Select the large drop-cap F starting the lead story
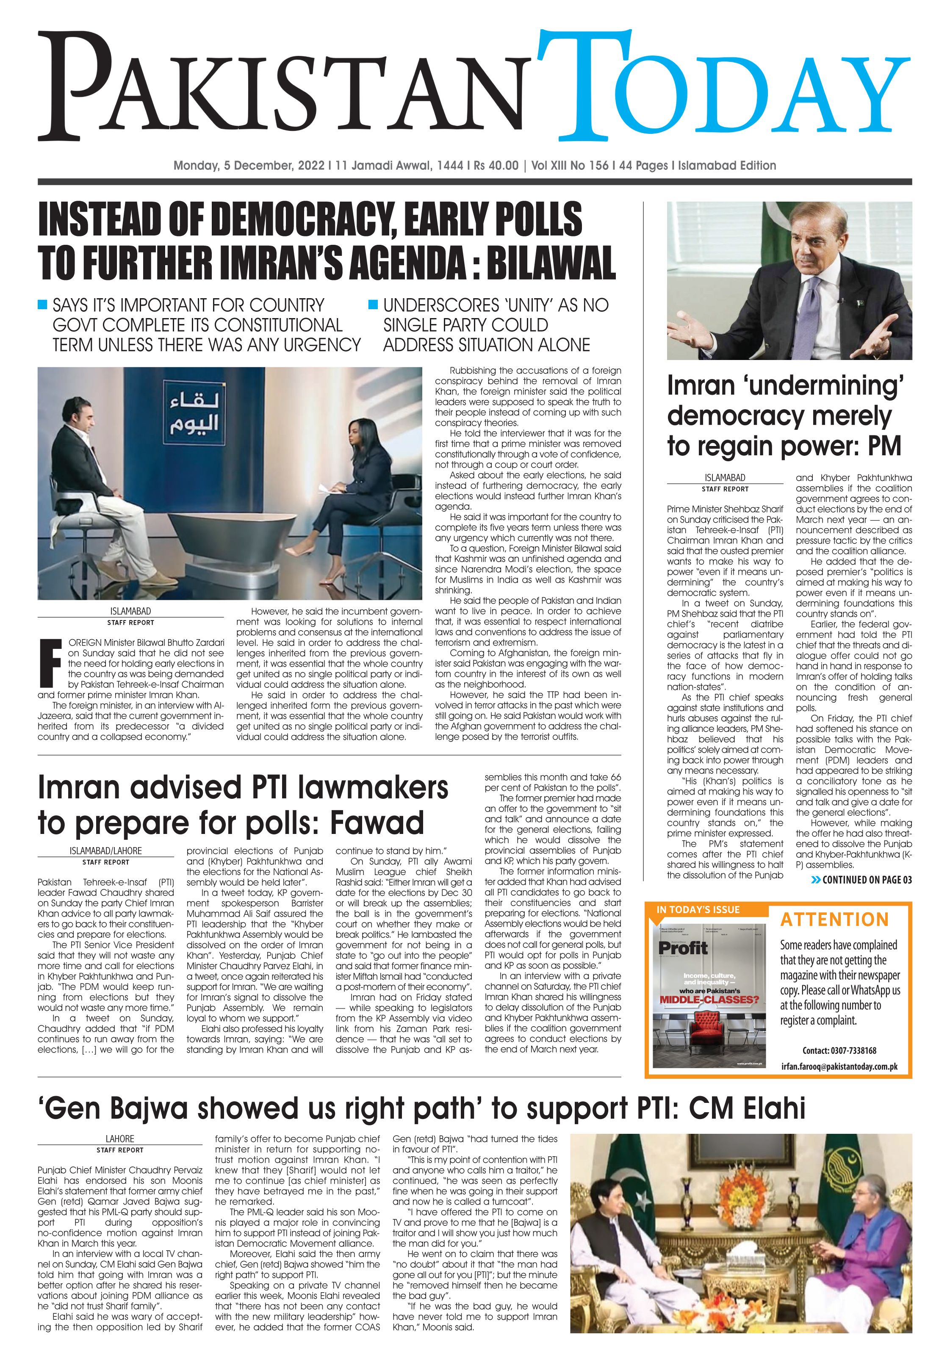click(50, 662)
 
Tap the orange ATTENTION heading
click(834, 920)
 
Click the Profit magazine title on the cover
click(683, 948)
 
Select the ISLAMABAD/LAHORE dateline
click(105, 851)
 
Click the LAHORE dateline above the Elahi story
click(119, 1138)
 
